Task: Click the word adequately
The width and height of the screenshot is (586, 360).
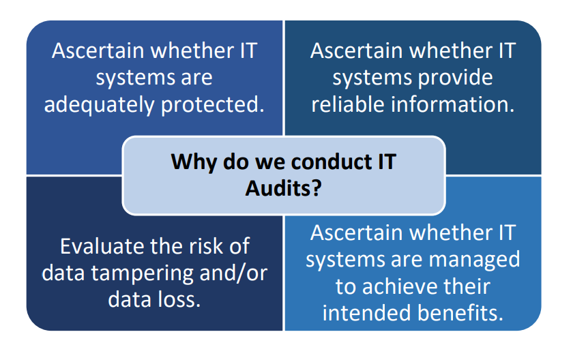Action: click(99, 105)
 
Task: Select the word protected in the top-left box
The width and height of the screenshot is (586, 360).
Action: click(212, 105)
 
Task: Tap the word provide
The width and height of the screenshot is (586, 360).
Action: click(455, 78)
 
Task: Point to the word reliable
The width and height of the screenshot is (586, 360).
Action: click(347, 104)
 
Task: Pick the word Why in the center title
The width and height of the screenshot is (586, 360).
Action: click(194, 162)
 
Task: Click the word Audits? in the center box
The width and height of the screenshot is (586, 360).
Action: click(283, 188)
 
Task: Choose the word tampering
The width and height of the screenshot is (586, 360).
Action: click(142, 273)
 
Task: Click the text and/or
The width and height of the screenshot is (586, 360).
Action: click(233, 273)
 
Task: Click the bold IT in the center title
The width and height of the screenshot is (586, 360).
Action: click(387, 162)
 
